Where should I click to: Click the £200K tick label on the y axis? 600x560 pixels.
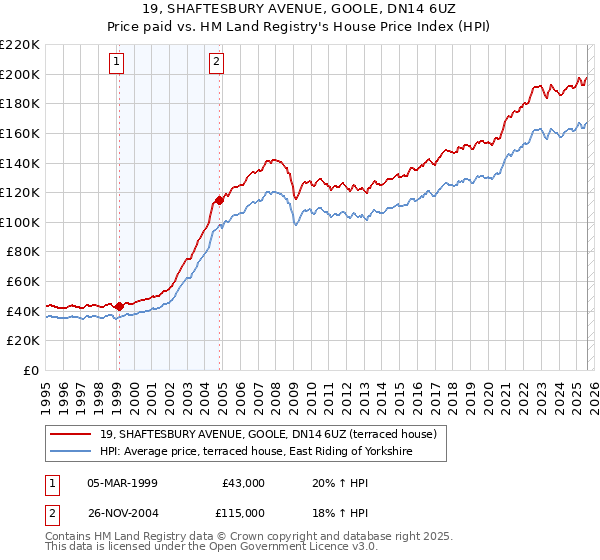pos(20,74)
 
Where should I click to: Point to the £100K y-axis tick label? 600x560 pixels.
pos(20,222)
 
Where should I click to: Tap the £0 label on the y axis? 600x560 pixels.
pos(30,370)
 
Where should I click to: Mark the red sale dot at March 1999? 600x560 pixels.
pos(119,306)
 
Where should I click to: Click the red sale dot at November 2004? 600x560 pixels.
pos(220,200)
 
